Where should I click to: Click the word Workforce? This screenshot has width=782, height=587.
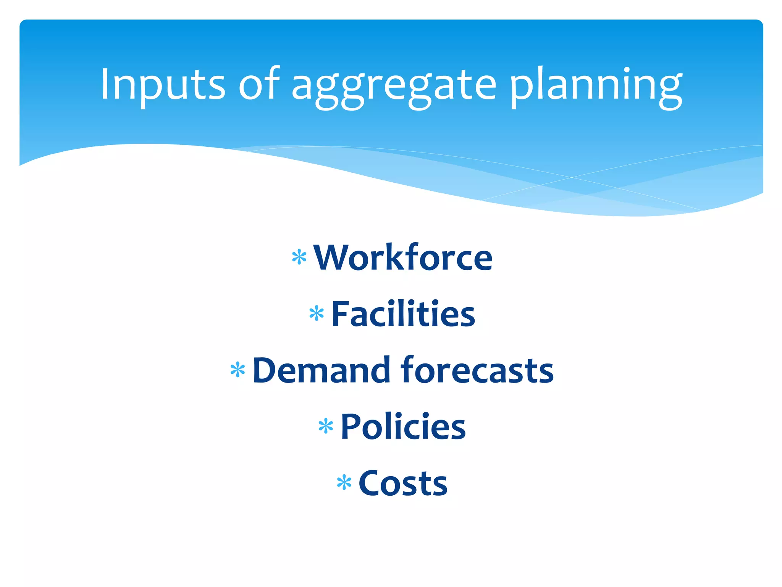pyautogui.click(x=403, y=258)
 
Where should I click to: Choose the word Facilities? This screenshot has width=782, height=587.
pyautogui.click(x=403, y=314)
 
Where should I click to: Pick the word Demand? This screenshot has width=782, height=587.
pyautogui.click(x=321, y=370)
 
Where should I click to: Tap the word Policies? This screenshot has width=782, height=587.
pyautogui.click(x=403, y=426)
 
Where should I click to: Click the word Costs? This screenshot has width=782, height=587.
pyautogui.click(x=403, y=483)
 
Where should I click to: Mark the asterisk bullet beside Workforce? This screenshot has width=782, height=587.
pyautogui.click(x=299, y=257)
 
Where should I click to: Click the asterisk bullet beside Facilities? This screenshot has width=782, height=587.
pyautogui.click(x=317, y=314)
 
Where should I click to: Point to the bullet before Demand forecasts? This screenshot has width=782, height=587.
pyautogui.click(x=238, y=370)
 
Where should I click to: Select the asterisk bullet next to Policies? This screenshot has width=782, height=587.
pyautogui.click(x=326, y=426)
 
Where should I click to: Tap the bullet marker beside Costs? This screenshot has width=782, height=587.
pyautogui.click(x=344, y=483)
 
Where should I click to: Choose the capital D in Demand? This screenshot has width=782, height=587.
pyautogui.click(x=267, y=370)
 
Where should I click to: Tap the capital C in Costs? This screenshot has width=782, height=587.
pyautogui.click(x=371, y=483)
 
